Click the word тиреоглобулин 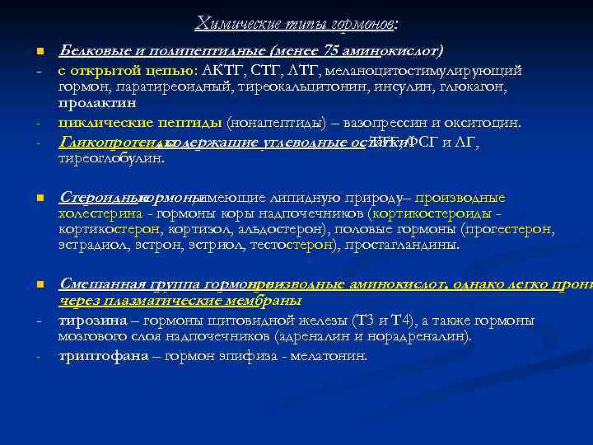pyautogui.click(x=112, y=157)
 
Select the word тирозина pyautogui.click(x=91, y=320)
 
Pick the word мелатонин pyautogui.click(x=329, y=356)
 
